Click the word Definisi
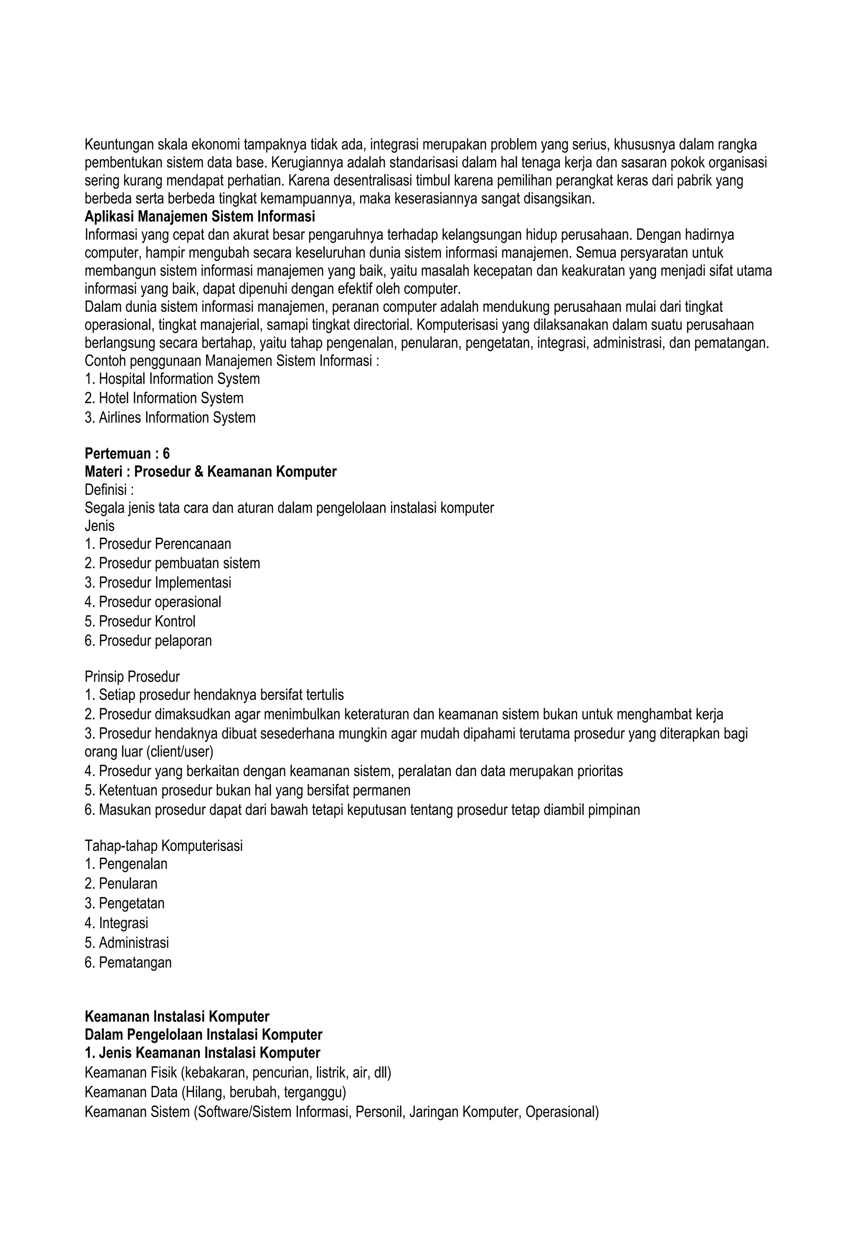(x=106, y=490)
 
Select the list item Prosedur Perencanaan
(x=158, y=544)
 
